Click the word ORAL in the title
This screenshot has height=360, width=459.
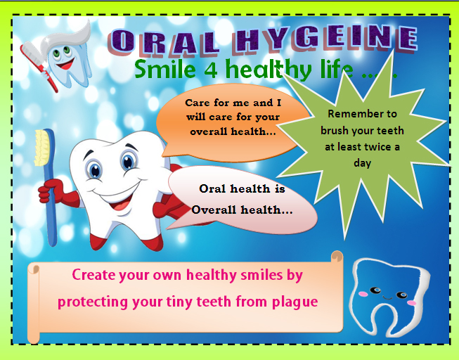(163, 42)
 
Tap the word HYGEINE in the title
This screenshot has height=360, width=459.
(325, 39)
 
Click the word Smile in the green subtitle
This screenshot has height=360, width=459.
(165, 68)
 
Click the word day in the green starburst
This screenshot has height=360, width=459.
(363, 163)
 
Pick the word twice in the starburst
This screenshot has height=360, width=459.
(378, 146)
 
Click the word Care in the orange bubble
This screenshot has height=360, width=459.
(198, 103)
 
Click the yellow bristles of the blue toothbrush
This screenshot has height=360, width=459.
(42, 148)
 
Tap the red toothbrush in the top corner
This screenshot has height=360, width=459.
(38, 67)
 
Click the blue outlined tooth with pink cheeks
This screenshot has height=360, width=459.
(389, 297)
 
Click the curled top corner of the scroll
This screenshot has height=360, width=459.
(337, 256)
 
